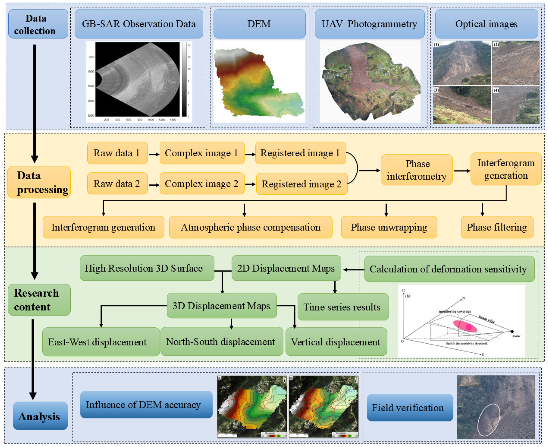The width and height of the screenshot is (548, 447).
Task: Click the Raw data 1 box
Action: pos(117,153)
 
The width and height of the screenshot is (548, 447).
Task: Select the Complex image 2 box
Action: pos(202,184)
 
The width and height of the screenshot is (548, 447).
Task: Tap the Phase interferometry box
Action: pos(417,170)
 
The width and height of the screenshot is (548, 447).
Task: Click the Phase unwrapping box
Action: pos(389,227)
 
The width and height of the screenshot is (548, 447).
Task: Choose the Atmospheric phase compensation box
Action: pos(251,227)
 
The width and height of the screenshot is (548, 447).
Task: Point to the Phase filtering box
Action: pos(497,227)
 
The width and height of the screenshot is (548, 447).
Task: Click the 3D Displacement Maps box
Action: pos(221,306)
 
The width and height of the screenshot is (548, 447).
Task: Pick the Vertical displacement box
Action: pos(336,342)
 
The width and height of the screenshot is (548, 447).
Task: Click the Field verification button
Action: pos(410,408)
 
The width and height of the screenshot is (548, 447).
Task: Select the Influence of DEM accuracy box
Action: pos(146,405)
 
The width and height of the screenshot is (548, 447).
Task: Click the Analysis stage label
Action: pos(40,416)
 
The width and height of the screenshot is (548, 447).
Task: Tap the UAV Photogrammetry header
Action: pos(369,24)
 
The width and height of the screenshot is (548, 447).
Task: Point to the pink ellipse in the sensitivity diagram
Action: pos(465,326)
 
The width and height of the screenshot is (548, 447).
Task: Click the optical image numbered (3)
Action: pos(462,105)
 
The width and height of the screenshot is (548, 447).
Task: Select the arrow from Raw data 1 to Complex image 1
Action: pos(154,154)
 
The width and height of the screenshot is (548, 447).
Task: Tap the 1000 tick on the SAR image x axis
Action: pos(151,120)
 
